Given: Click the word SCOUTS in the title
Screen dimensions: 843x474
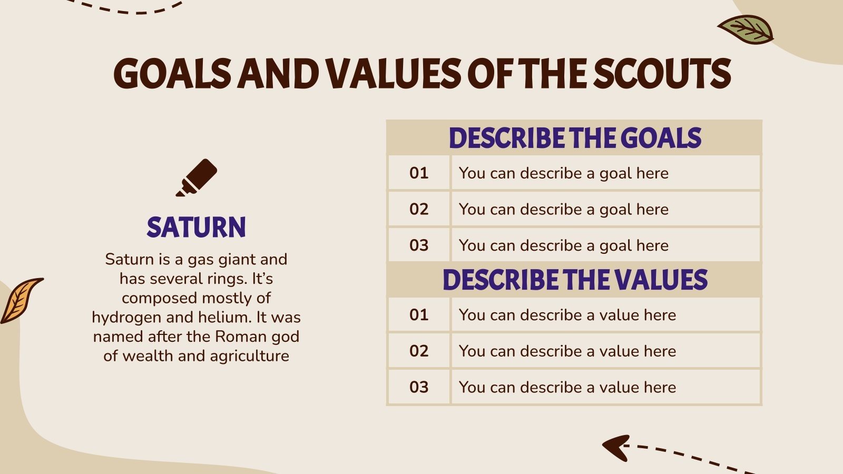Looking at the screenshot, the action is [x=662, y=73].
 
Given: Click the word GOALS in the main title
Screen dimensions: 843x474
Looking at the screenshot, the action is [x=172, y=73].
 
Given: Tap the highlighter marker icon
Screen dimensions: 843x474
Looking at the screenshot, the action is [x=197, y=177].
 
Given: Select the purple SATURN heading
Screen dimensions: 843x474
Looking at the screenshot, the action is [x=196, y=227].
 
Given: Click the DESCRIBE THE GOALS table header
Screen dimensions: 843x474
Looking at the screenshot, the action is [x=575, y=137].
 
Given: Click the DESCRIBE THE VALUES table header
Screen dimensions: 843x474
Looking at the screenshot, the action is [x=575, y=280].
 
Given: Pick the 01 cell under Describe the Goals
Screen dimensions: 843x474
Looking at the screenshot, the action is [x=419, y=173].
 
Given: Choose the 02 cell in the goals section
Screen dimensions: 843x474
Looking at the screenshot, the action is [x=419, y=209].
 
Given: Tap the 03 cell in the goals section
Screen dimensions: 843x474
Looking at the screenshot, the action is [x=419, y=245].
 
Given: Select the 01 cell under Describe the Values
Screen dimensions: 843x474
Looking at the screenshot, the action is [x=419, y=315].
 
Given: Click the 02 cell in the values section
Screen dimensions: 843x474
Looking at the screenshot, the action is [x=419, y=351].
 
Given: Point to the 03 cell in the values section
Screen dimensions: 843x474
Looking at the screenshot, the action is [x=419, y=387].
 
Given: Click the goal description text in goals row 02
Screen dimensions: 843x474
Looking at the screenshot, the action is [x=563, y=210].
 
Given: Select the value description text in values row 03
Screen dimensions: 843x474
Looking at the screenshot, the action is [x=567, y=387].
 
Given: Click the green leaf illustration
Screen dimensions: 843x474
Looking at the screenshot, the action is [x=745, y=29].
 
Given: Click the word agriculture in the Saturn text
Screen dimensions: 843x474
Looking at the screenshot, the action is [x=250, y=356].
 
